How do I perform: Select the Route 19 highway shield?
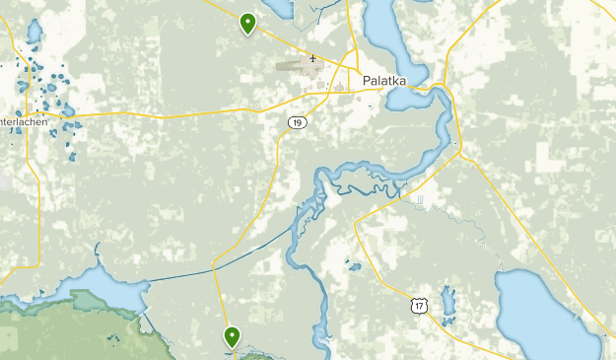tap(297, 122)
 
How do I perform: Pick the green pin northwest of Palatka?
tap(247, 22)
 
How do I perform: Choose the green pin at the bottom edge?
tap(233, 337)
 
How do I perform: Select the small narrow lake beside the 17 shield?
tap(449, 304)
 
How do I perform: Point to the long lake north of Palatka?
tap(389, 35)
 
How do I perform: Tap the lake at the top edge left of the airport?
tap(277, 8)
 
